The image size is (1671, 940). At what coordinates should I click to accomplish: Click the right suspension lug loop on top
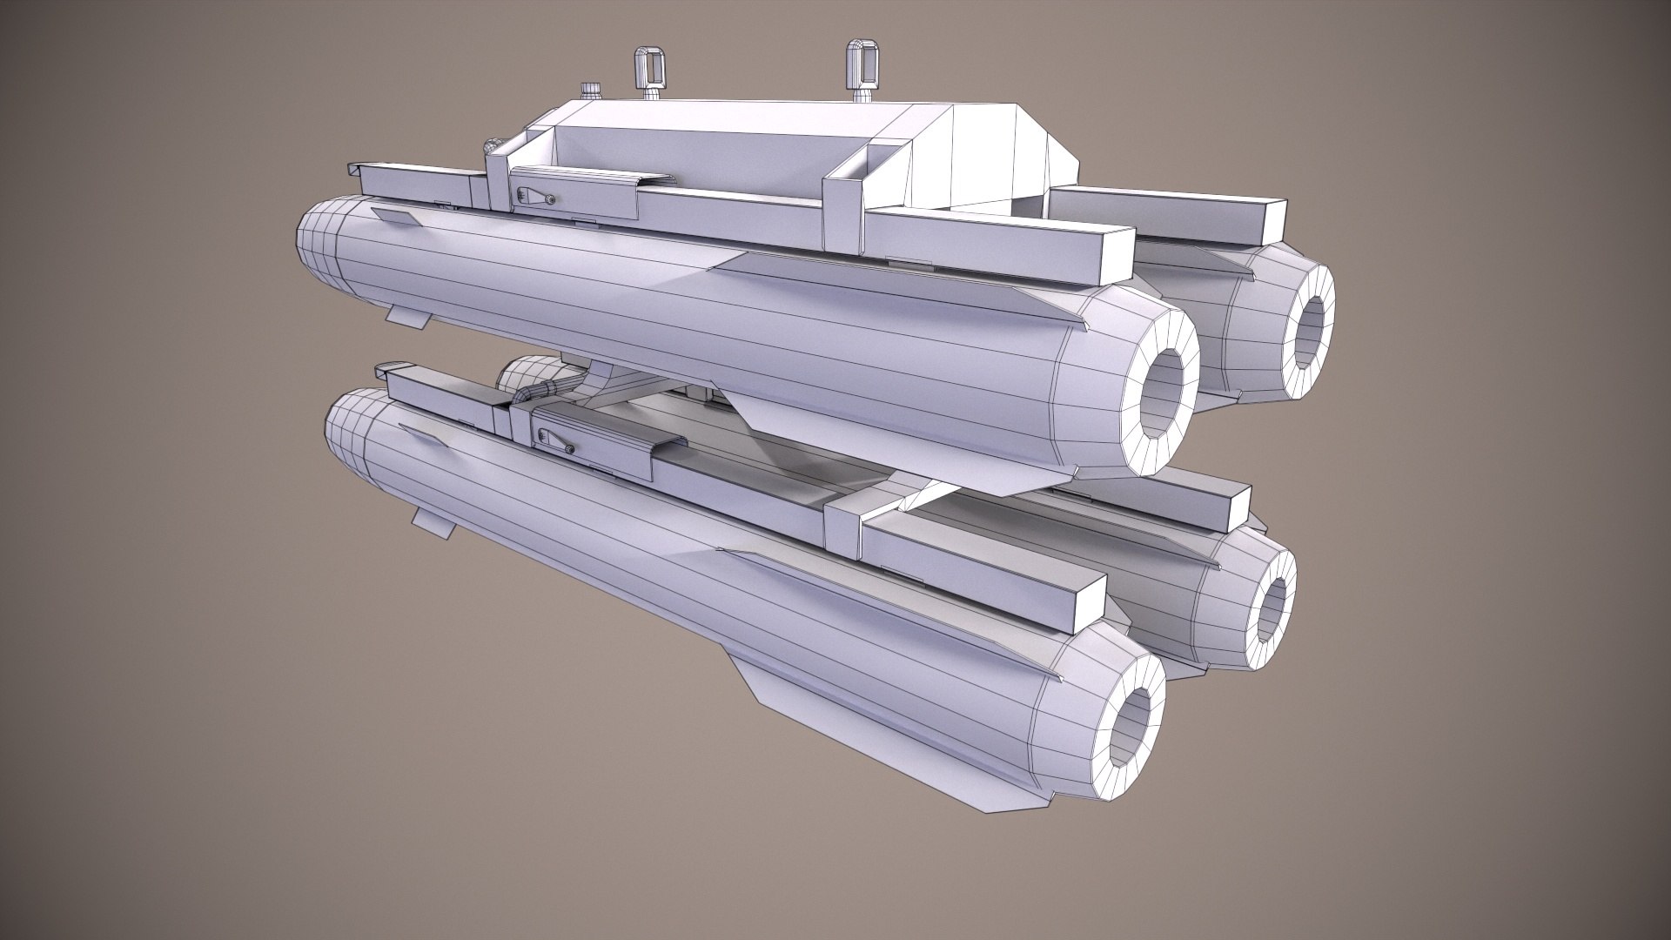pyautogui.click(x=858, y=56)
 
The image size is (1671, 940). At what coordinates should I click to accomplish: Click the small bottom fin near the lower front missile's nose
pyautogui.click(x=432, y=522)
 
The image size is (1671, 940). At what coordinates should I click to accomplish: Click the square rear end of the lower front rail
pyautogui.click(x=1083, y=601)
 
